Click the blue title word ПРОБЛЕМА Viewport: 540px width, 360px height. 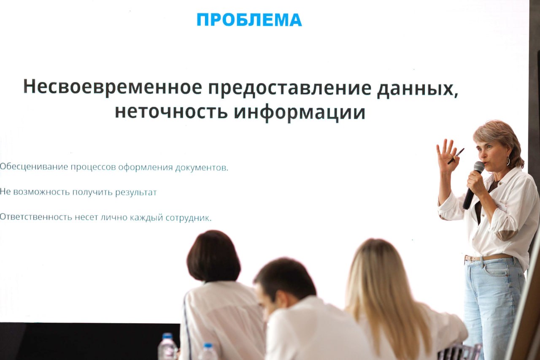[249, 20]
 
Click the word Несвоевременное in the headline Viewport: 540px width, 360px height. [113, 87]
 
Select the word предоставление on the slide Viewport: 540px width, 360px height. [290, 89]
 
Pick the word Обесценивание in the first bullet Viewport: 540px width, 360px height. [34, 167]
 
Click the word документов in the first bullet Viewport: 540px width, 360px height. [202, 168]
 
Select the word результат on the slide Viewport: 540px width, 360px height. [136, 192]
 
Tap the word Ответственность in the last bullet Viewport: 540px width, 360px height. [36, 217]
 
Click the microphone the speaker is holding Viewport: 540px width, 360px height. [474, 184]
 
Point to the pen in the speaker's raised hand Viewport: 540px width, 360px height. [456, 156]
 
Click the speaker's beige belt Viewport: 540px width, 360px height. [487, 257]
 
